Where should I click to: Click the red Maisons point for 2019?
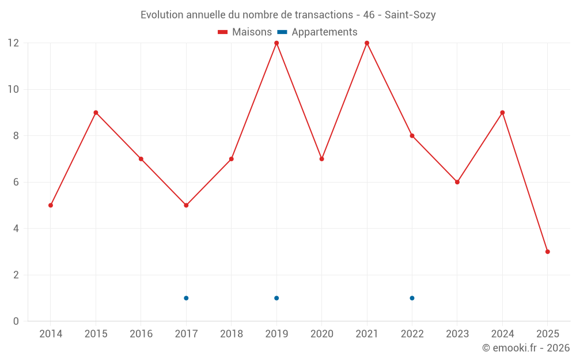coord(276,43)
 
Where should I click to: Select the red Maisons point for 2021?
coord(367,43)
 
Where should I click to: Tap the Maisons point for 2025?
coord(548,252)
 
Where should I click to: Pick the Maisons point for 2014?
coord(51,205)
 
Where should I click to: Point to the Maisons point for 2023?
coord(457,182)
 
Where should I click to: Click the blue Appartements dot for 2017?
coord(186,298)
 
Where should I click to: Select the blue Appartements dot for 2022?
coord(412,298)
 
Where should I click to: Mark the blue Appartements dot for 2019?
coord(276,298)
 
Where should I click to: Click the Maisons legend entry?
coord(245,32)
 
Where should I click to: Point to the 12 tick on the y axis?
coord(13,43)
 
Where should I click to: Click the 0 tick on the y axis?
coord(16,321)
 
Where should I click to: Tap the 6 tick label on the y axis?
coord(16,182)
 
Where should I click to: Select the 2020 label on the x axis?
coord(321,334)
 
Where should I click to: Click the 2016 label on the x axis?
coord(141,334)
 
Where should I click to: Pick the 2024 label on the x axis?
coord(502,334)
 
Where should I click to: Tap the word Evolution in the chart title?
coord(162,15)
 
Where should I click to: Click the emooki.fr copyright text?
coord(526,348)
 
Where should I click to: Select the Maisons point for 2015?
coord(96,112)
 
